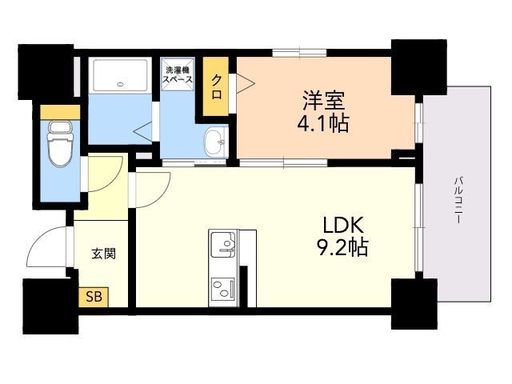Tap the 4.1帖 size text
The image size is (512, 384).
tap(323, 123)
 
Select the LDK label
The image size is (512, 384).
tap(342, 225)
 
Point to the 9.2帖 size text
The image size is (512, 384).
tap(342, 247)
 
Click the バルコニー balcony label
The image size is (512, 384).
tap(459, 200)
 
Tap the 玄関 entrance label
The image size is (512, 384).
tap(103, 254)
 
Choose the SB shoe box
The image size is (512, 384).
tap(94, 297)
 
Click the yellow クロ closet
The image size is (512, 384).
tap(215, 86)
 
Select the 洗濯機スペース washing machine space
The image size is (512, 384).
tap(178, 74)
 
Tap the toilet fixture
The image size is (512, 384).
tap(60, 144)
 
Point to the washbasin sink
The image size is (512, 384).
tap(215, 142)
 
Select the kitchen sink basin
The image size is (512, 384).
tap(223, 244)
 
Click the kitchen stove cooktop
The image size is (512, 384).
tap(223, 290)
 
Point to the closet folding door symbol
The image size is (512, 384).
tap(245, 83)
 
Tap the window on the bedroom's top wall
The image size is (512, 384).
tap(299, 53)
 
